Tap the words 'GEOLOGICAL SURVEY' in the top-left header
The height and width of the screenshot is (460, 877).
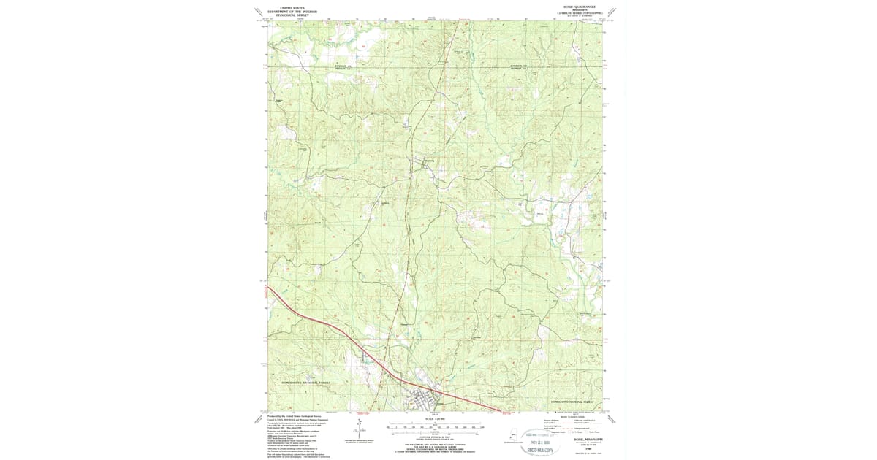coord(294,15)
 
